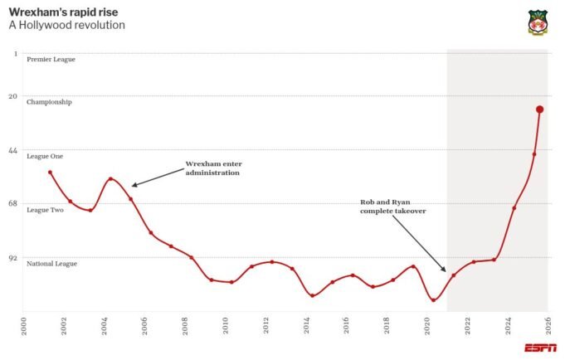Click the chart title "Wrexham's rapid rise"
pos(63,11)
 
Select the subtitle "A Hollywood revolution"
pos(66,25)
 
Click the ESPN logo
pos(540,348)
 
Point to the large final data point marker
pos(539,109)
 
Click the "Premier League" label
pos(51,60)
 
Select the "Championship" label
pos(49,102)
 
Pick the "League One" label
pos(45,156)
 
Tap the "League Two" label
pos(45,210)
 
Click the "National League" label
pos(51,264)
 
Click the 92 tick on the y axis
pos(12,258)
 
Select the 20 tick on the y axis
pos(12,96)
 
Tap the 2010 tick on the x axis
pos(226,324)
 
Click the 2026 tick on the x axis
pos(548,324)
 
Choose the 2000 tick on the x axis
pos(24,324)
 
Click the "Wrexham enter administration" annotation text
pos(212,168)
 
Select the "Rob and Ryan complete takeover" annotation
pos(392,207)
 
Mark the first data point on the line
pos(51,173)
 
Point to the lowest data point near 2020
pos(433,299)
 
